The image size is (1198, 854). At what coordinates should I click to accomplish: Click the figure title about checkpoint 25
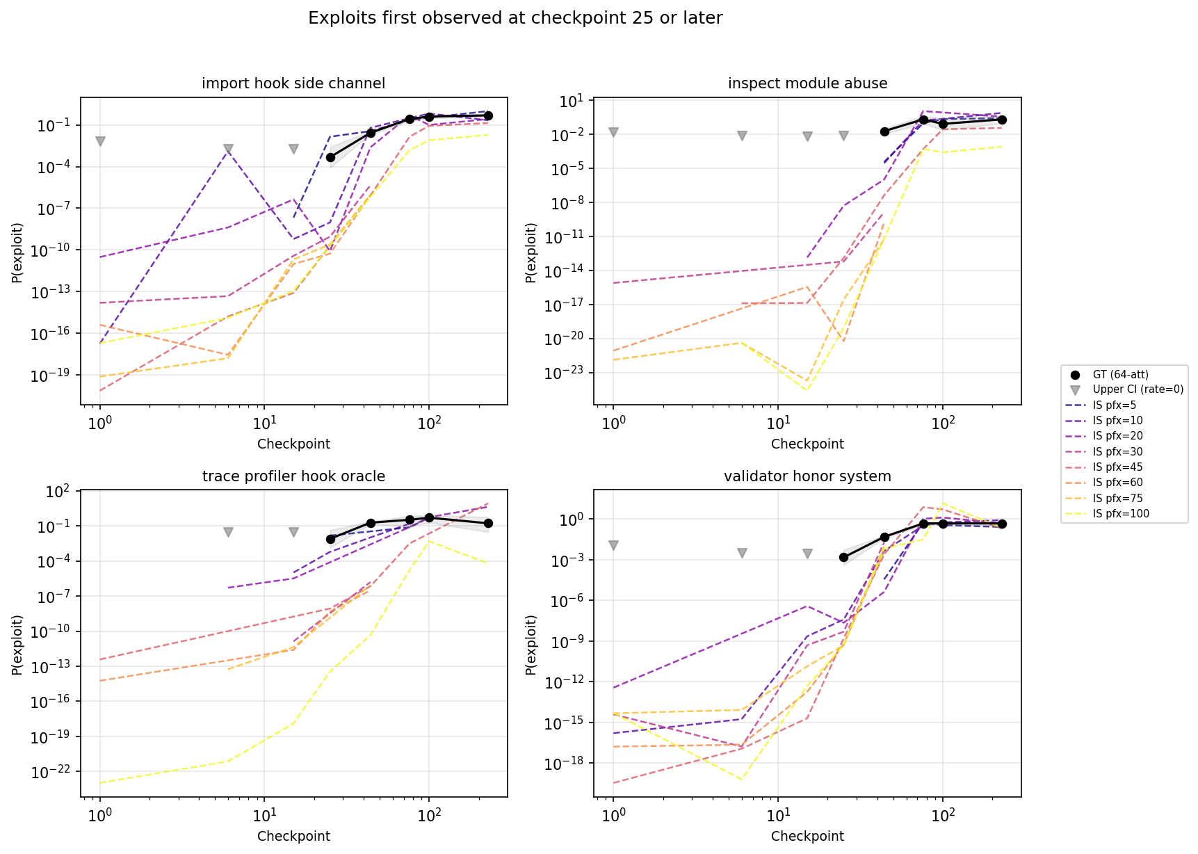515,18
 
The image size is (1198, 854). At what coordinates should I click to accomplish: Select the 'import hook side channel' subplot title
293,83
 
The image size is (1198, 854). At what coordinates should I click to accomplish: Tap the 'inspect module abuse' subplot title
807,83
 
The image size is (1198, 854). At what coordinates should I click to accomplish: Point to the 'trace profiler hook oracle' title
293,476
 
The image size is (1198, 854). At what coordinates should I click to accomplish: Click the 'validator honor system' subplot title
807,476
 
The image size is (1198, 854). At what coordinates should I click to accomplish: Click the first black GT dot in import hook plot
330,157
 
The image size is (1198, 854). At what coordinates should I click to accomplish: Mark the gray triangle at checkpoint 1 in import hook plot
100,141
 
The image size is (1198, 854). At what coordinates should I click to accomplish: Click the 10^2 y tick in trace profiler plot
58,492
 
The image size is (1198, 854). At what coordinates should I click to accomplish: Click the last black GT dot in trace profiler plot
488,523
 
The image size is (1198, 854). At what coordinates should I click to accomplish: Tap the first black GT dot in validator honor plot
843,557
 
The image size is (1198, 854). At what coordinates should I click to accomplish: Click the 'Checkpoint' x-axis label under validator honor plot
807,836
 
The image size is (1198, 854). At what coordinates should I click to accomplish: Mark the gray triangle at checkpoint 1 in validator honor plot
613,546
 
